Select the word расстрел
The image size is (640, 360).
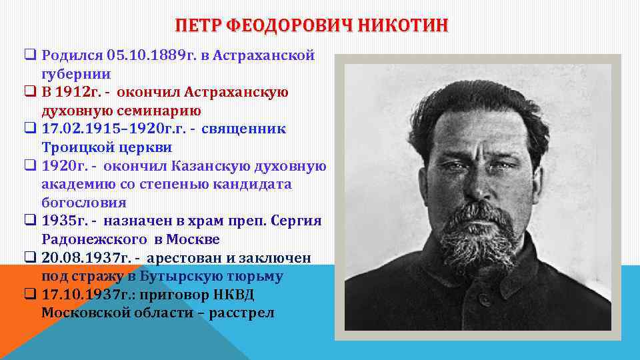click(241, 313)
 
